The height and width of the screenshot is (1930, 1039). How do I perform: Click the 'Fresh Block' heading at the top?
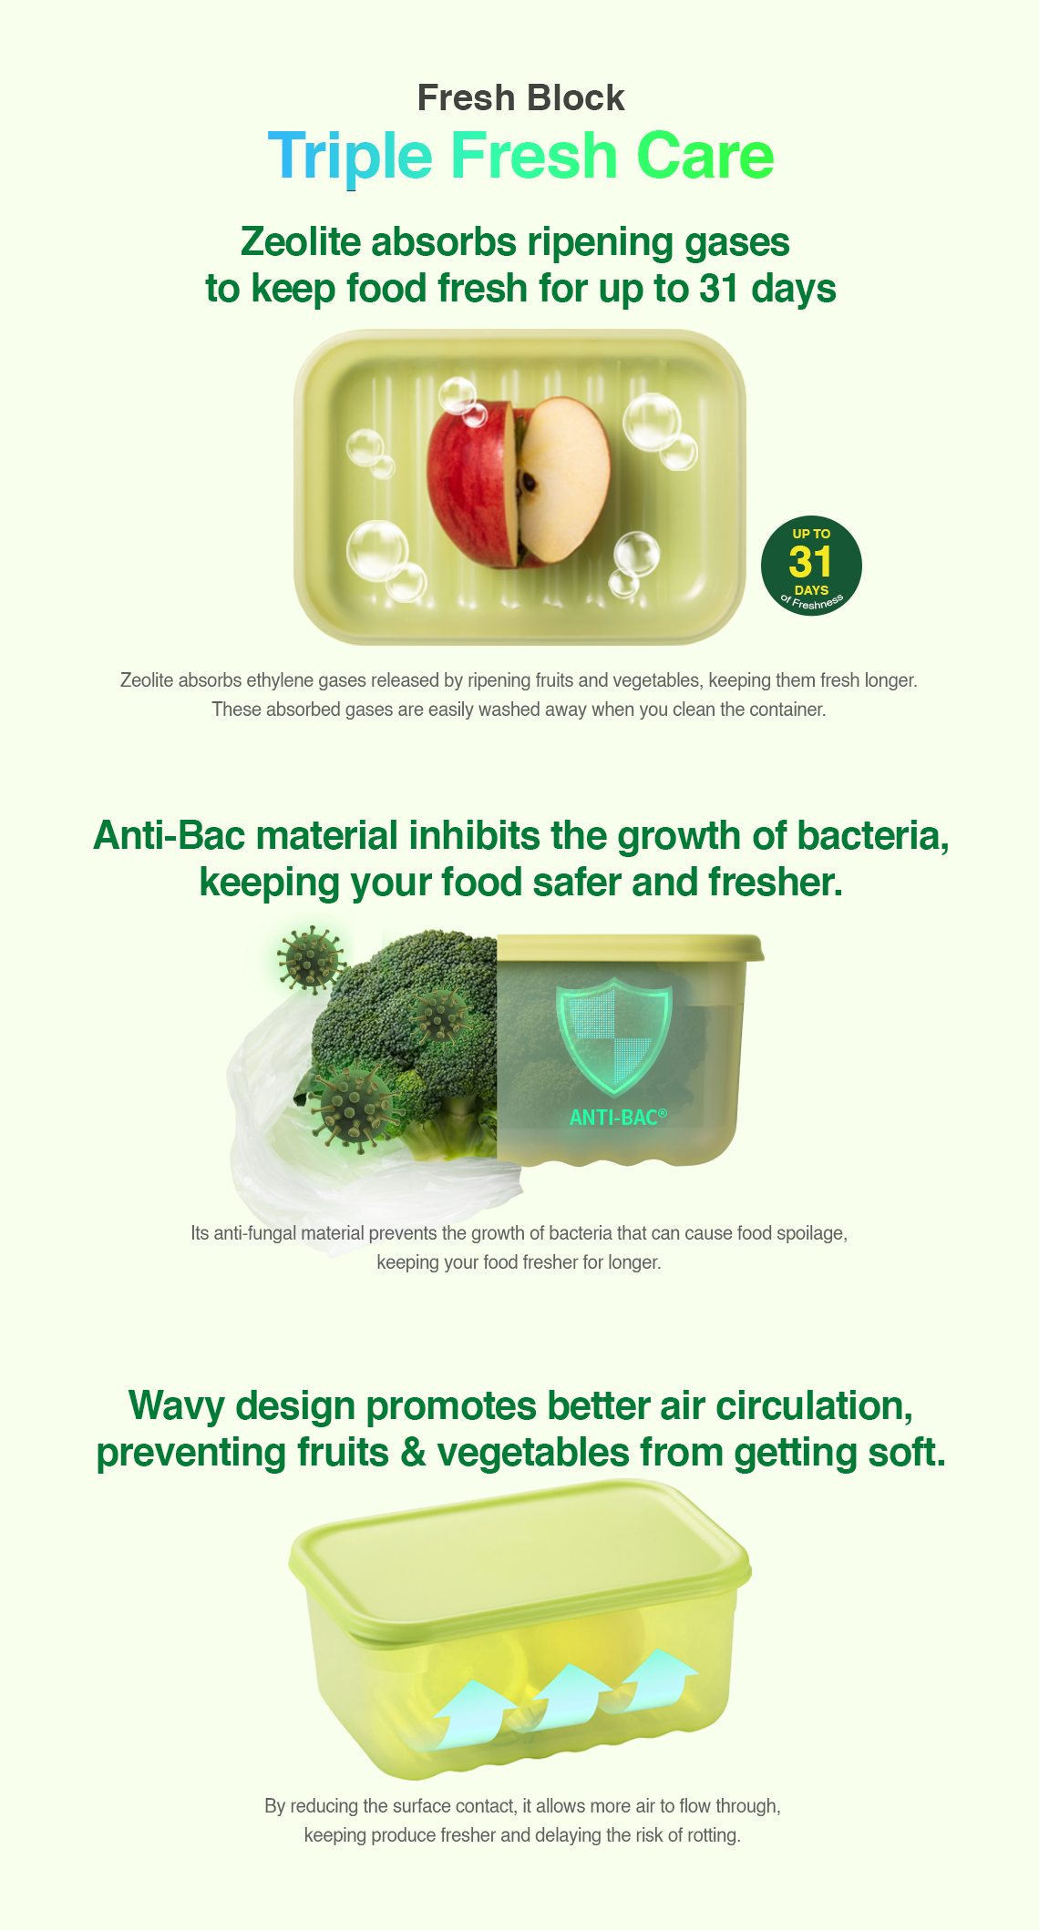[520, 97]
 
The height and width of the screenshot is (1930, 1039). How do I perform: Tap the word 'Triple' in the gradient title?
[350, 157]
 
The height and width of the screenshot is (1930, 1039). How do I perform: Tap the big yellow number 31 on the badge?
[811, 562]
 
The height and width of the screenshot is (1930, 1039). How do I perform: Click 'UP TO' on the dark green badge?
[811, 534]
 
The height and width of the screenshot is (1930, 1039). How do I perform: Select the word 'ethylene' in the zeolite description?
[276, 680]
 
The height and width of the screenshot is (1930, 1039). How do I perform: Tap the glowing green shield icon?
[613, 1035]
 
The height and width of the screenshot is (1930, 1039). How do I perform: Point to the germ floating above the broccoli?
[312, 958]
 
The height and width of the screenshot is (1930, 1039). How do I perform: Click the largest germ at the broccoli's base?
[354, 1108]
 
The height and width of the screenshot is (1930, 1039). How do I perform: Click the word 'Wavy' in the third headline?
[177, 1405]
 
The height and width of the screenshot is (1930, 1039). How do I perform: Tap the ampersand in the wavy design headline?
[413, 1452]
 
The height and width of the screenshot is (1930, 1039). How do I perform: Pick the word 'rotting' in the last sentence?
[713, 1835]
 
